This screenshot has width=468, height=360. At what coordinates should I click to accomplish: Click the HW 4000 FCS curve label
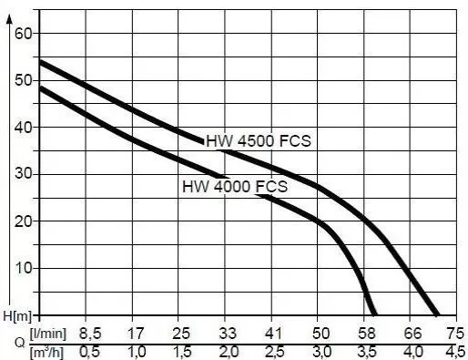[235, 186]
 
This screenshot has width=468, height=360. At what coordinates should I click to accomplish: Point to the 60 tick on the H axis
[24, 34]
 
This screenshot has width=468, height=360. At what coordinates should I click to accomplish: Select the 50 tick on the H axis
[24, 80]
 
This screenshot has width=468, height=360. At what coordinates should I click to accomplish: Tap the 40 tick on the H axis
[24, 127]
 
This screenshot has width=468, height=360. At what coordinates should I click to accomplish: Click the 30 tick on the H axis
[24, 174]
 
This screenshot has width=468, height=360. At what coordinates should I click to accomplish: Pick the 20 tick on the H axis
[24, 221]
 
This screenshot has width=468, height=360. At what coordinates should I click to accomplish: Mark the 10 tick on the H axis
[24, 268]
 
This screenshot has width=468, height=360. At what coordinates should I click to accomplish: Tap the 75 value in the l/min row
[457, 334]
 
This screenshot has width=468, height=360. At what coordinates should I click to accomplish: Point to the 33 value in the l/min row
[228, 334]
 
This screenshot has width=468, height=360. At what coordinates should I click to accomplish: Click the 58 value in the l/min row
[366, 334]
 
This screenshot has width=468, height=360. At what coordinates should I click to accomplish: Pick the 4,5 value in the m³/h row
[457, 351]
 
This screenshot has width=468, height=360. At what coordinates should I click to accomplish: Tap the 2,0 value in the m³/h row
[228, 351]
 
